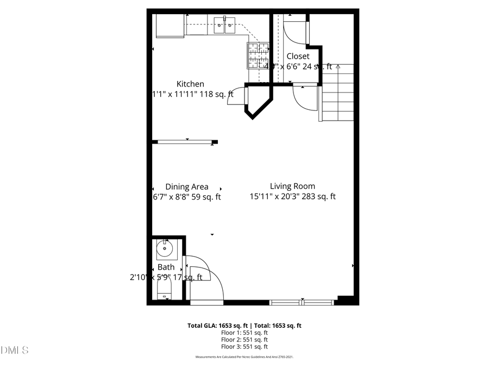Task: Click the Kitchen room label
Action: [x=190, y=84]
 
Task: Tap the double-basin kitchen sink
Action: [x=224, y=23]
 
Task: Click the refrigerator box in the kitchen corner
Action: [x=170, y=26]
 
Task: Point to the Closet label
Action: [x=298, y=56]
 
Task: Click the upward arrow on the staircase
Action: [x=338, y=67]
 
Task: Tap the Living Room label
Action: [x=292, y=186]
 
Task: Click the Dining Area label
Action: [x=187, y=186]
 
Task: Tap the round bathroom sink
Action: [x=164, y=250]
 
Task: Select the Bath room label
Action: [x=166, y=267]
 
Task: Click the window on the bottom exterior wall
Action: [x=302, y=302]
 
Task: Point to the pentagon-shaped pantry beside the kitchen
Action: [x=259, y=100]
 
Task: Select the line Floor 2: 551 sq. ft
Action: [x=244, y=339]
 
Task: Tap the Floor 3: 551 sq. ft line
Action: [x=244, y=346]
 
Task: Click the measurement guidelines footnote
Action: [x=244, y=357]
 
